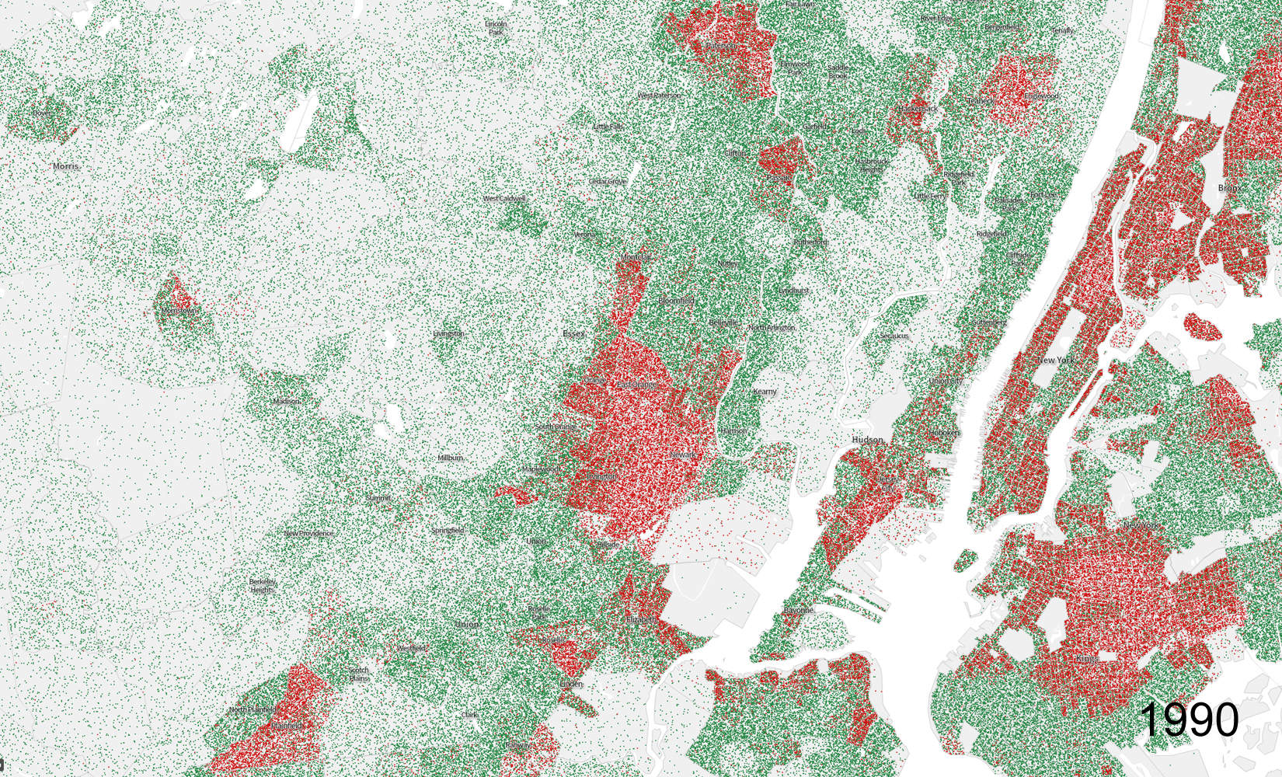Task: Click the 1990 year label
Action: pyautogui.click(x=1190, y=719)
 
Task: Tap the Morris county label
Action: pyautogui.click(x=66, y=166)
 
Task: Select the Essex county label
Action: pyautogui.click(x=573, y=334)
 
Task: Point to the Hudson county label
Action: pyautogui.click(x=867, y=440)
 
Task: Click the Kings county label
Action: pyautogui.click(x=1088, y=659)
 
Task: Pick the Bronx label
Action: pyautogui.click(x=1230, y=188)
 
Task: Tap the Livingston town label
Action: pyautogui.click(x=448, y=334)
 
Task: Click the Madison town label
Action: pyautogui.click(x=286, y=401)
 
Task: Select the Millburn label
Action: pyautogui.click(x=450, y=458)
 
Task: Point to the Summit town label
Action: pyautogui.click(x=378, y=498)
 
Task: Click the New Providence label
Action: pyautogui.click(x=308, y=534)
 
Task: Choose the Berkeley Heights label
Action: pyautogui.click(x=262, y=585)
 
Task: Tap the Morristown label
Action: pyautogui.click(x=178, y=311)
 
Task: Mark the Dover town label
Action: pyautogui.click(x=41, y=113)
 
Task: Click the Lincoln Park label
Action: pyautogui.click(x=496, y=28)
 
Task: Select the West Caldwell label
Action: pyautogui.click(x=504, y=199)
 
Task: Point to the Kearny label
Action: pyautogui.click(x=765, y=392)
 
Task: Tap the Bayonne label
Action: pyautogui.click(x=798, y=611)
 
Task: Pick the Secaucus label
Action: pyautogui.click(x=894, y=336)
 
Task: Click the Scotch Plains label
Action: pyautogui.click(x=358, y=674)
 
